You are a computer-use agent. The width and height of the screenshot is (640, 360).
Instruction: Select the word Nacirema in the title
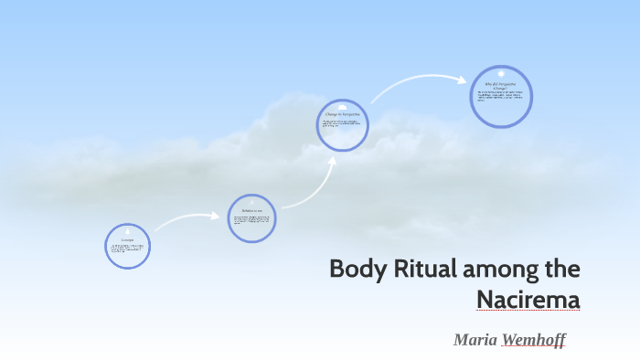click(x=528, y=299)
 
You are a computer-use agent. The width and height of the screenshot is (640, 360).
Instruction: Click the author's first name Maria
click(x=475, y=340)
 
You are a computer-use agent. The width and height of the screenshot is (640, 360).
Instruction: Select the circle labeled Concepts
click(x=128, y=246)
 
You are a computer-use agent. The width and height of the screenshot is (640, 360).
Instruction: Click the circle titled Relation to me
click(x=251, y=217)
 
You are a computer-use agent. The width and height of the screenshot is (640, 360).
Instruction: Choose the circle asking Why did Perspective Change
click(x=501, y=96)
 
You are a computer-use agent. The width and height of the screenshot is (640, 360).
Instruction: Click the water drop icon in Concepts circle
click(x=128, y=231)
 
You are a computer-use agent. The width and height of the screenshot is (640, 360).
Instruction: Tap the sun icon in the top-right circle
click(x=501, y=73)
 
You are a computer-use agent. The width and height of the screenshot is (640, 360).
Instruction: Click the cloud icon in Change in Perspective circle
click(x=343, y=106)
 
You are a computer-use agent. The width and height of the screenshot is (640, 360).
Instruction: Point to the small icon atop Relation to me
click(x=251, y=202)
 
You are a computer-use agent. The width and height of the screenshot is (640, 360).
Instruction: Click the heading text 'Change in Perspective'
click(x=343, y=113)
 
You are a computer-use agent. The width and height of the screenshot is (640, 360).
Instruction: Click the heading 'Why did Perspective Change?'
click(x=501, y=85)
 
